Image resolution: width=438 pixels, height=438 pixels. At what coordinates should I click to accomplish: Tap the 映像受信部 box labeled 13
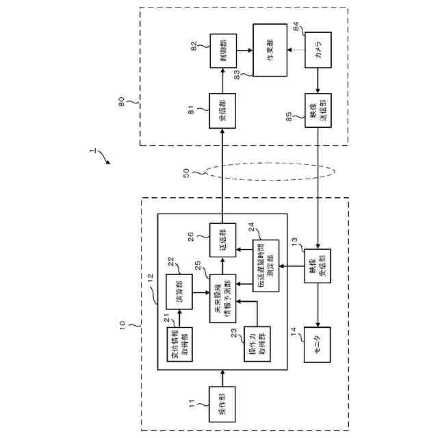[x=318, y=266]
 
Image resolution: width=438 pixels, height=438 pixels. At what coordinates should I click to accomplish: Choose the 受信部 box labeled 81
[x=223, y=109]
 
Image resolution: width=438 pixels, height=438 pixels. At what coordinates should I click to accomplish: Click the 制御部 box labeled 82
[x=223, y=50]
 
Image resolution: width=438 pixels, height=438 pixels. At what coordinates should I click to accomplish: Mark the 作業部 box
[x=270, y=50]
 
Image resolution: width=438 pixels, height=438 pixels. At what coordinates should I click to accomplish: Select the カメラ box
[x=318, y=50]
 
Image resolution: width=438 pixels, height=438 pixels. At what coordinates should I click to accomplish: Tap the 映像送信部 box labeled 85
[x=318, y=109]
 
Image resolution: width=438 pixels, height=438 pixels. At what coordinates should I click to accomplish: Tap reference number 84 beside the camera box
[x=296, y=27]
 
